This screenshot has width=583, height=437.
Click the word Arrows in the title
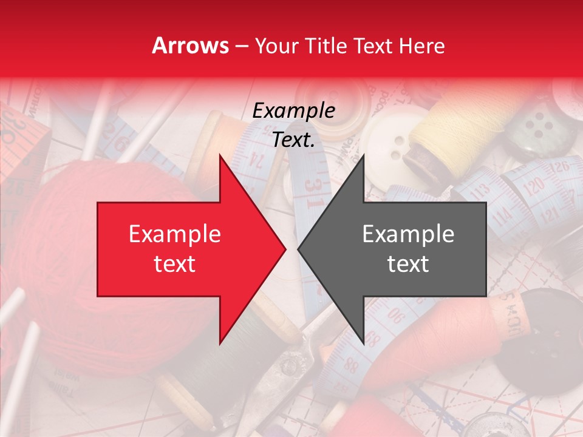pos(191,46)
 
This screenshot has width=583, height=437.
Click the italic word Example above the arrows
pos(293,111)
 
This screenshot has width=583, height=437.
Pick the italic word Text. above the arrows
pos(293,140)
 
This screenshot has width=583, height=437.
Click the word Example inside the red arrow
pos(175,234)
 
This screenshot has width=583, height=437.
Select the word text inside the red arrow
pos(175,264)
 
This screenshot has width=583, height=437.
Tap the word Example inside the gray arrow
pos(408,234)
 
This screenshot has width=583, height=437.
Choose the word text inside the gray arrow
pos(408,264)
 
